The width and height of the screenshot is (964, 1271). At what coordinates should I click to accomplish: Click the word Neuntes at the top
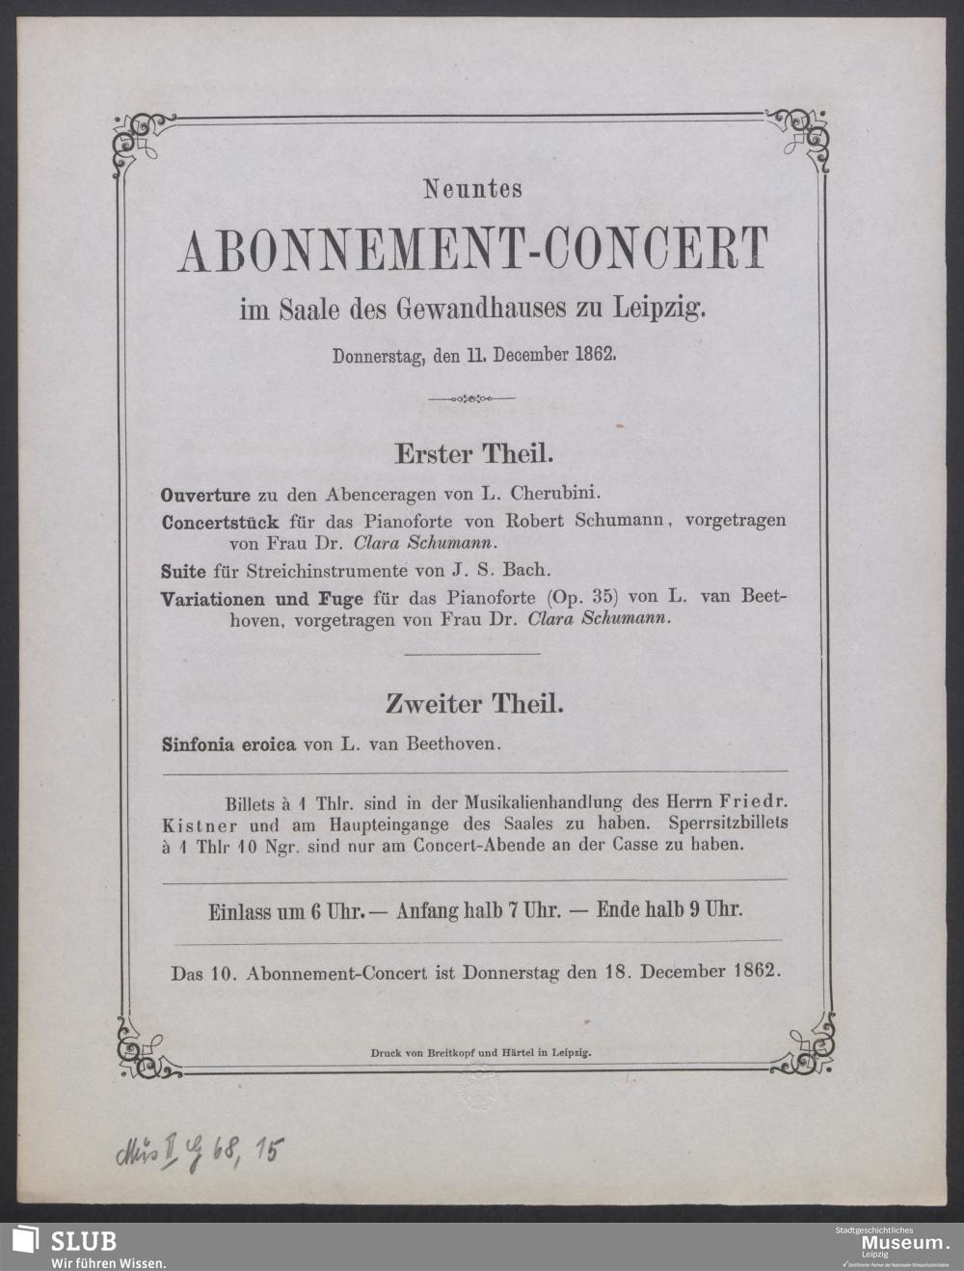coord(472,190)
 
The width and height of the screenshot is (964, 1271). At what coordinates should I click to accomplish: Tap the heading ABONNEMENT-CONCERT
coord(472,250)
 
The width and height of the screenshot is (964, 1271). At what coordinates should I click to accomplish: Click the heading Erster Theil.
coord(471,451)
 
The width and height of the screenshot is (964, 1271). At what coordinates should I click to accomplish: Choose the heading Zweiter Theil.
coord(473,705)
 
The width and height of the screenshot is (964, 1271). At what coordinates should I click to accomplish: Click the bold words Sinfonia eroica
coord(228,744)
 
